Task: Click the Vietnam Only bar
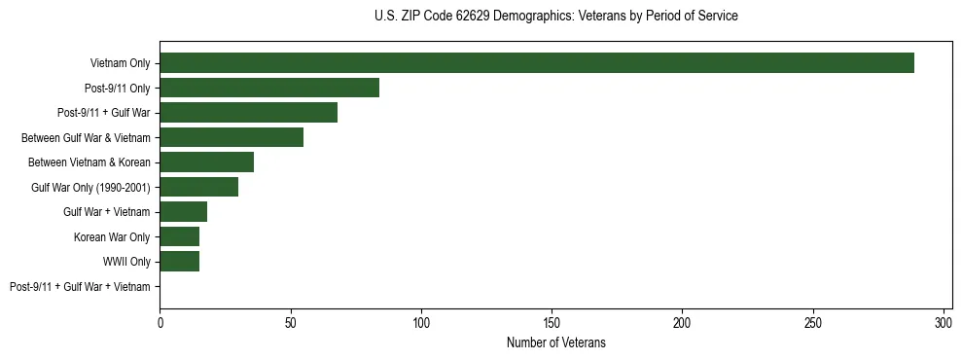[537, 63]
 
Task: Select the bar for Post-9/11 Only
[269, 88]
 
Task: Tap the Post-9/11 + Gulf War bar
[249, 113]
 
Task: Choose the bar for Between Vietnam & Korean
[206, 162]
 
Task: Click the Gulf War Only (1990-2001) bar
[198, 187]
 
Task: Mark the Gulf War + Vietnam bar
[183, 212]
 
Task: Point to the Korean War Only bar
[179, 236]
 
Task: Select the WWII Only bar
[179, 262]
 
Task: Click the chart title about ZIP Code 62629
[555, 17]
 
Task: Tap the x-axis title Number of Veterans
[555, 342]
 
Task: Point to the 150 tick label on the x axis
[552, 321]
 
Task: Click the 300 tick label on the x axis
[944, 321]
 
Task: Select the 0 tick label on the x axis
[160, 321]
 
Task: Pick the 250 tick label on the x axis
[813, 321]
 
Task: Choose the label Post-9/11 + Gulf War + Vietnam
[80, 287]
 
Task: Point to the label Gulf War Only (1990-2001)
[90, 188]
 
